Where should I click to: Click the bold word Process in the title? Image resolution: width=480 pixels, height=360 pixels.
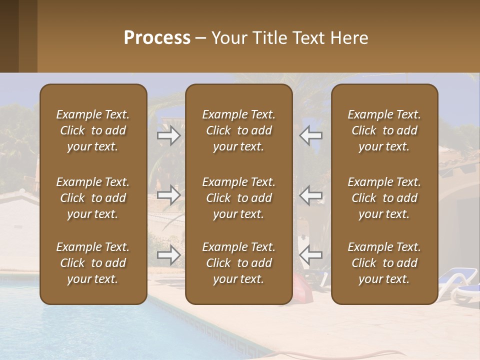pyautogui.click(x=157, y=38)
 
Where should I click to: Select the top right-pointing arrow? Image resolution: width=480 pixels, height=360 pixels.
pyautogui.click(x=168, y=135)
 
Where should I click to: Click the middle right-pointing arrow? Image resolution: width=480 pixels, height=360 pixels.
pyautogui.click(x=168, y=195)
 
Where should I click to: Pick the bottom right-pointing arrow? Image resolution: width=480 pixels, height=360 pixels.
pyautogui.click(x=168, y=255)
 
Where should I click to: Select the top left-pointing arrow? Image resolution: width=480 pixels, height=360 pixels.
pyautogui.click(x=311, y=135)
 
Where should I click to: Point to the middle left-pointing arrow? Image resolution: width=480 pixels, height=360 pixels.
pyautogui.click(x=311, y=195)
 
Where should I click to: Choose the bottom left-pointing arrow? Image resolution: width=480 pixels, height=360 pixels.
pyautogui.click(x=311, y=255)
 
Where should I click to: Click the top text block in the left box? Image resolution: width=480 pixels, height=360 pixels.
pyautogui.click(x=93, y=130)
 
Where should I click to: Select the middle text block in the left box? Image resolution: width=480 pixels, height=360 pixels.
pyautogui.click(x=93, y=198)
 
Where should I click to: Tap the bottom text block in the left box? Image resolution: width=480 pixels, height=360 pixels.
pyautogui.click(x=93, y=263)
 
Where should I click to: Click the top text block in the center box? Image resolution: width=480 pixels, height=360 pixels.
pyautogui.click(x=239, y=130)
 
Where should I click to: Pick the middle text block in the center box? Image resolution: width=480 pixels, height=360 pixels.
pyautogui.click(x=239, y=198)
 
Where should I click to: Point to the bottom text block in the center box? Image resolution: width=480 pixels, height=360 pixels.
pyautogui.click(x=239, y=263)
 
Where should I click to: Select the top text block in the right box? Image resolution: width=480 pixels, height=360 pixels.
pyautogui.click(x=384, y=130)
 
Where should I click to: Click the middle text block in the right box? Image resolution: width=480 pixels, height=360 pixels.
pyautogui.click(x=384, y=198)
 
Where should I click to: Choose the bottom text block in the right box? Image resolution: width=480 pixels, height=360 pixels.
pyautogui.click(x=384, y=263)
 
